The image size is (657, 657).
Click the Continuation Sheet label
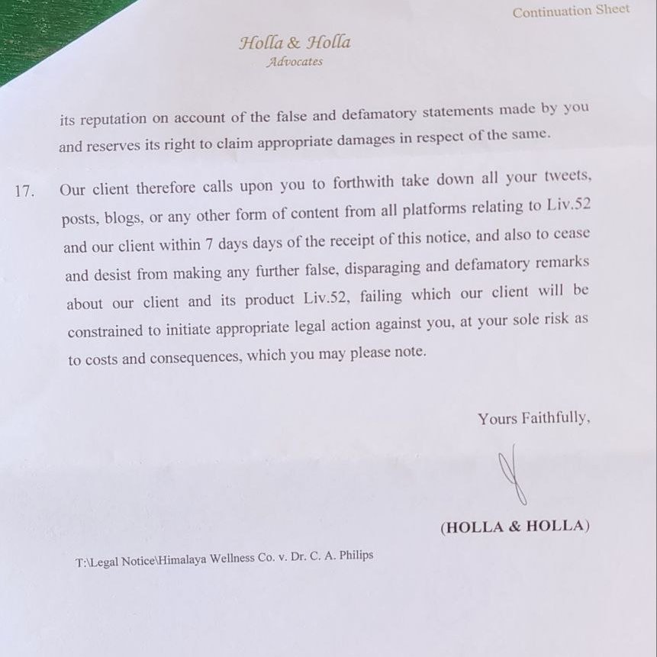point(571,11)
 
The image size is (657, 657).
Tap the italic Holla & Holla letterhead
point(295,43)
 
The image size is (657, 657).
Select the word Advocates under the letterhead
point(295,63)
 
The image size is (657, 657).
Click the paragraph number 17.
point(24,191)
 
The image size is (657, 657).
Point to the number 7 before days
point(209,243)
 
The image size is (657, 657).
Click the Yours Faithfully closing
point(533,418)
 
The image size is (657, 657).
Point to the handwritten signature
point(511,478)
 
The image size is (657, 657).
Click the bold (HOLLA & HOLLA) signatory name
point(514,527)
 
